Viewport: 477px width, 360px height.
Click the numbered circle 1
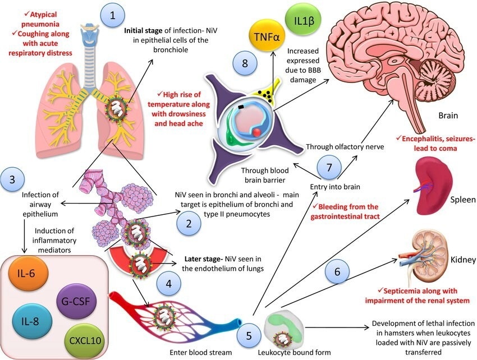coord(113,16)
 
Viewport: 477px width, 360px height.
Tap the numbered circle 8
coord(245,62)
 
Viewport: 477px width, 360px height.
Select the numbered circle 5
coord(250,336)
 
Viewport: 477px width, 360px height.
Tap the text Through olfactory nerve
coord(343,147)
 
